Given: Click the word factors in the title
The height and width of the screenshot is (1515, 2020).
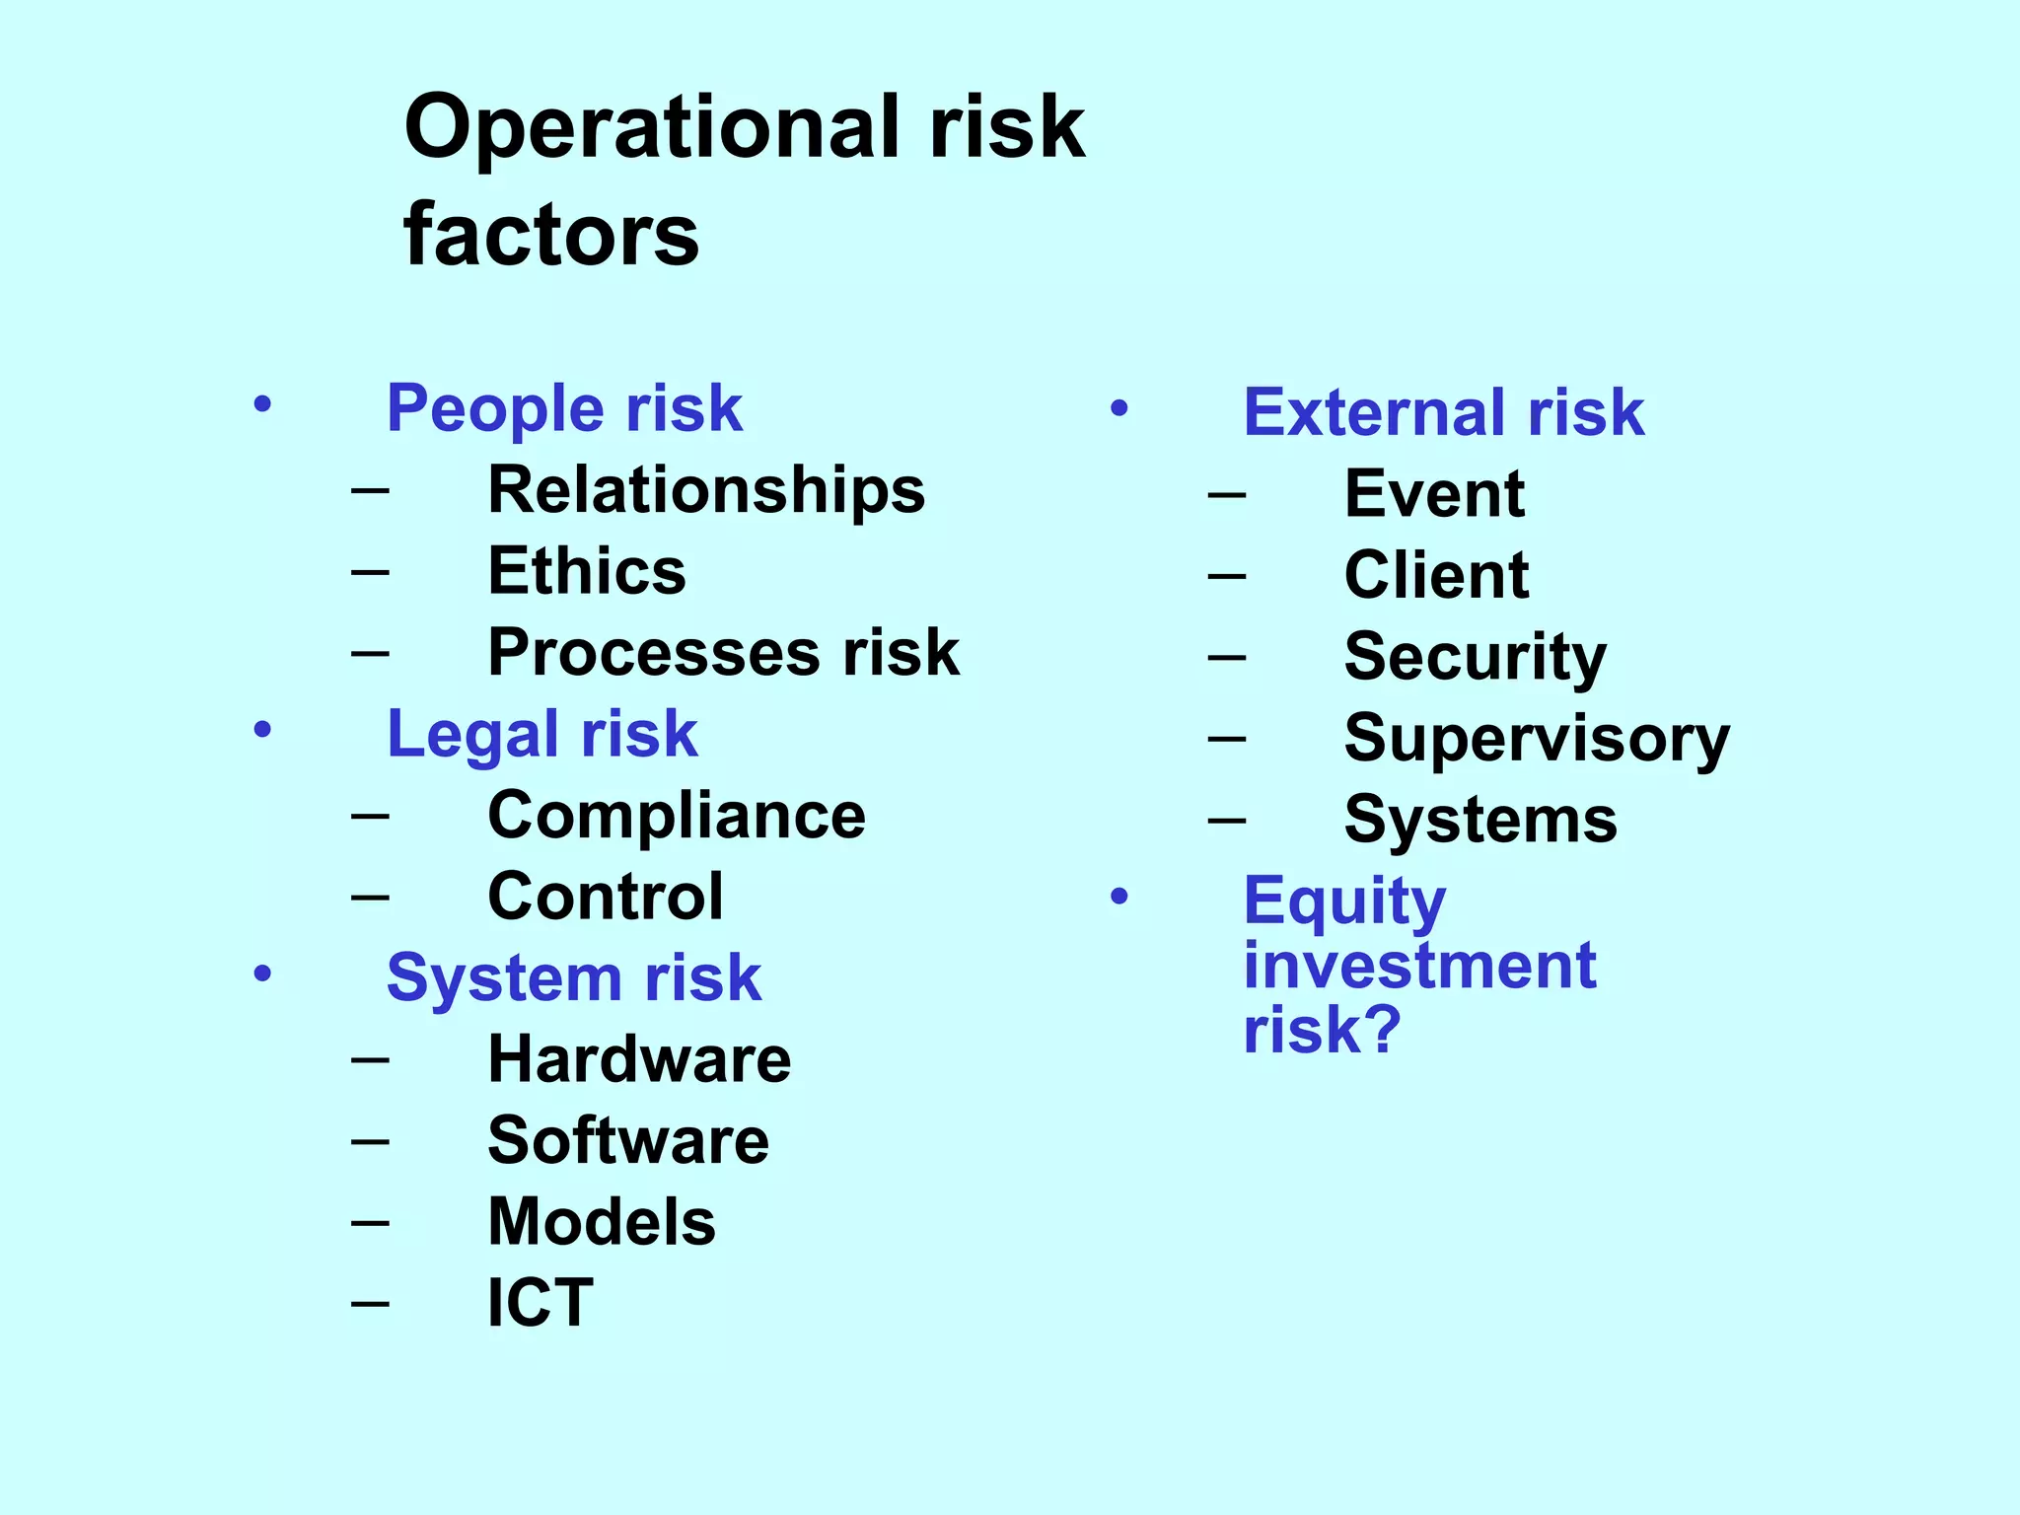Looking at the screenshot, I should (x=551, y=236).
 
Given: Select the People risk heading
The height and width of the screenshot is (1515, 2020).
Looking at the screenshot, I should (x=564, y=408).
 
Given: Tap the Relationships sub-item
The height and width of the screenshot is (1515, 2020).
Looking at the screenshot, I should (x=706, y=490).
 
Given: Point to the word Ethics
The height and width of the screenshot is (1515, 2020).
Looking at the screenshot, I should (x=587, y=571).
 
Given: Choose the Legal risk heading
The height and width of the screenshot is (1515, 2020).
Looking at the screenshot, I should (x=541, y=735).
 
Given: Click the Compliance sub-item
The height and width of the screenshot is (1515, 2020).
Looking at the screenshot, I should (x=677, y=816).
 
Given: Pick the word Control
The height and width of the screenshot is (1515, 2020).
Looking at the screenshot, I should (x=606, y=897).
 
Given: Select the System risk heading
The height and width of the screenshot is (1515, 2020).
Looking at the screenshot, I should (x=574, y=978).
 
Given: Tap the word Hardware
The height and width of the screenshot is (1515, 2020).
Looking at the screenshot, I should (x=639, y=1059).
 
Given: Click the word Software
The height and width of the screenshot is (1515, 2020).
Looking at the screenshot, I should (x=628, y=1141).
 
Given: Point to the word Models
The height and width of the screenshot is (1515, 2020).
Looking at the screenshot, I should (x=602, y=1222).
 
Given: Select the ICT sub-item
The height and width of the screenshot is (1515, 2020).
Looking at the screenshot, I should (x=541, y=1303).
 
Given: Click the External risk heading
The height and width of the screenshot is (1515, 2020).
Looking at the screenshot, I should (x=1444, y=412).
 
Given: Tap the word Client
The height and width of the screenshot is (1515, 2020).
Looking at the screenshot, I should (x=1436, y=575).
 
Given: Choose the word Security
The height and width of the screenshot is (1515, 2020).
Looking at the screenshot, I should (x=1475, y=658).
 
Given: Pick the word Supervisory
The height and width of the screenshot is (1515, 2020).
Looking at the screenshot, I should (x=1537, y=739).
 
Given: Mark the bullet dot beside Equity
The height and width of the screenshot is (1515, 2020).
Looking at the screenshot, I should (x=1118, y=896).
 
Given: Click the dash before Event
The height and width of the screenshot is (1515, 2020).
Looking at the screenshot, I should (x=1227, y=492).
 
